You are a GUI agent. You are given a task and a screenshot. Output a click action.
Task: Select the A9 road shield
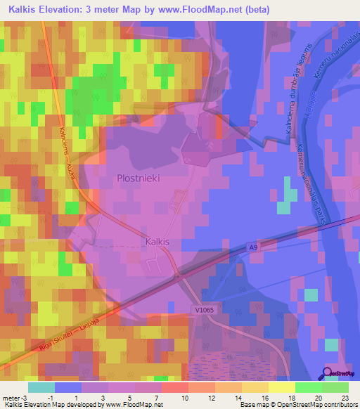point(252,247)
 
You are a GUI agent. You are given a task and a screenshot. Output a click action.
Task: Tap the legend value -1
point(50,398)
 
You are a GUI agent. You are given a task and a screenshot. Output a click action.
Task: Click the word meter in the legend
point(12,398)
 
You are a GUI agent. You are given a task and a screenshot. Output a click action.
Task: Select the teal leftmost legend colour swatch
point(41,387)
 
